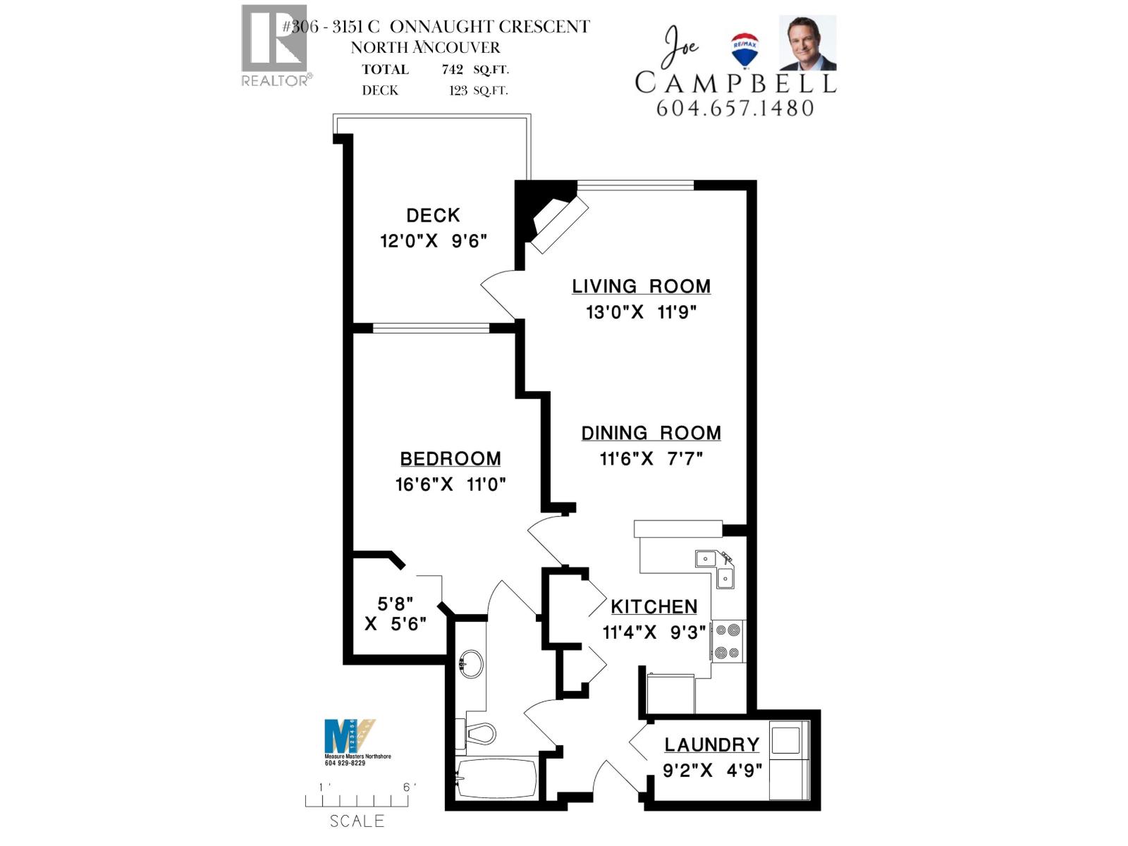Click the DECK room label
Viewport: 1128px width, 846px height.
pyautogui.click(x=433, y=215)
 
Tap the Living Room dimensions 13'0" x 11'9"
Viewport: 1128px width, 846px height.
pyautogui.click(x=641, y=312)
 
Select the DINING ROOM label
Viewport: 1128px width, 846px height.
pyautogui.click(x=651, y=433)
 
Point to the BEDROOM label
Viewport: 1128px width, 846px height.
pyautogui.click(x=450, y=459)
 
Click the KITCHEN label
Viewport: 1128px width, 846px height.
pyautogui.click(x=654, y=607)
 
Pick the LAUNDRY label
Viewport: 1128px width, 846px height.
pyautogui.click(x=711, y=745)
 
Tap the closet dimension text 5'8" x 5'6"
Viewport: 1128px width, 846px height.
pyautogui.click(x=395, y=614)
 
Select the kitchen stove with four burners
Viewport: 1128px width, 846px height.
pyautogui.click(x=728, y=642)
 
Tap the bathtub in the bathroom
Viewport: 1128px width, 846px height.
pyautogui.click(x=495, y=778)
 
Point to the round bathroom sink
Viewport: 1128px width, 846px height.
pyautogui.click(x=470, y=663)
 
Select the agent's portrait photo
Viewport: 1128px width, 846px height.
pyautogui.click(x=807, y=43)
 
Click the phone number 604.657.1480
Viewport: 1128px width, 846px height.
pyautogui.click(x=735, y=109)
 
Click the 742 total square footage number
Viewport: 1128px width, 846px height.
pyautogui.click(x=452, y=69)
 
